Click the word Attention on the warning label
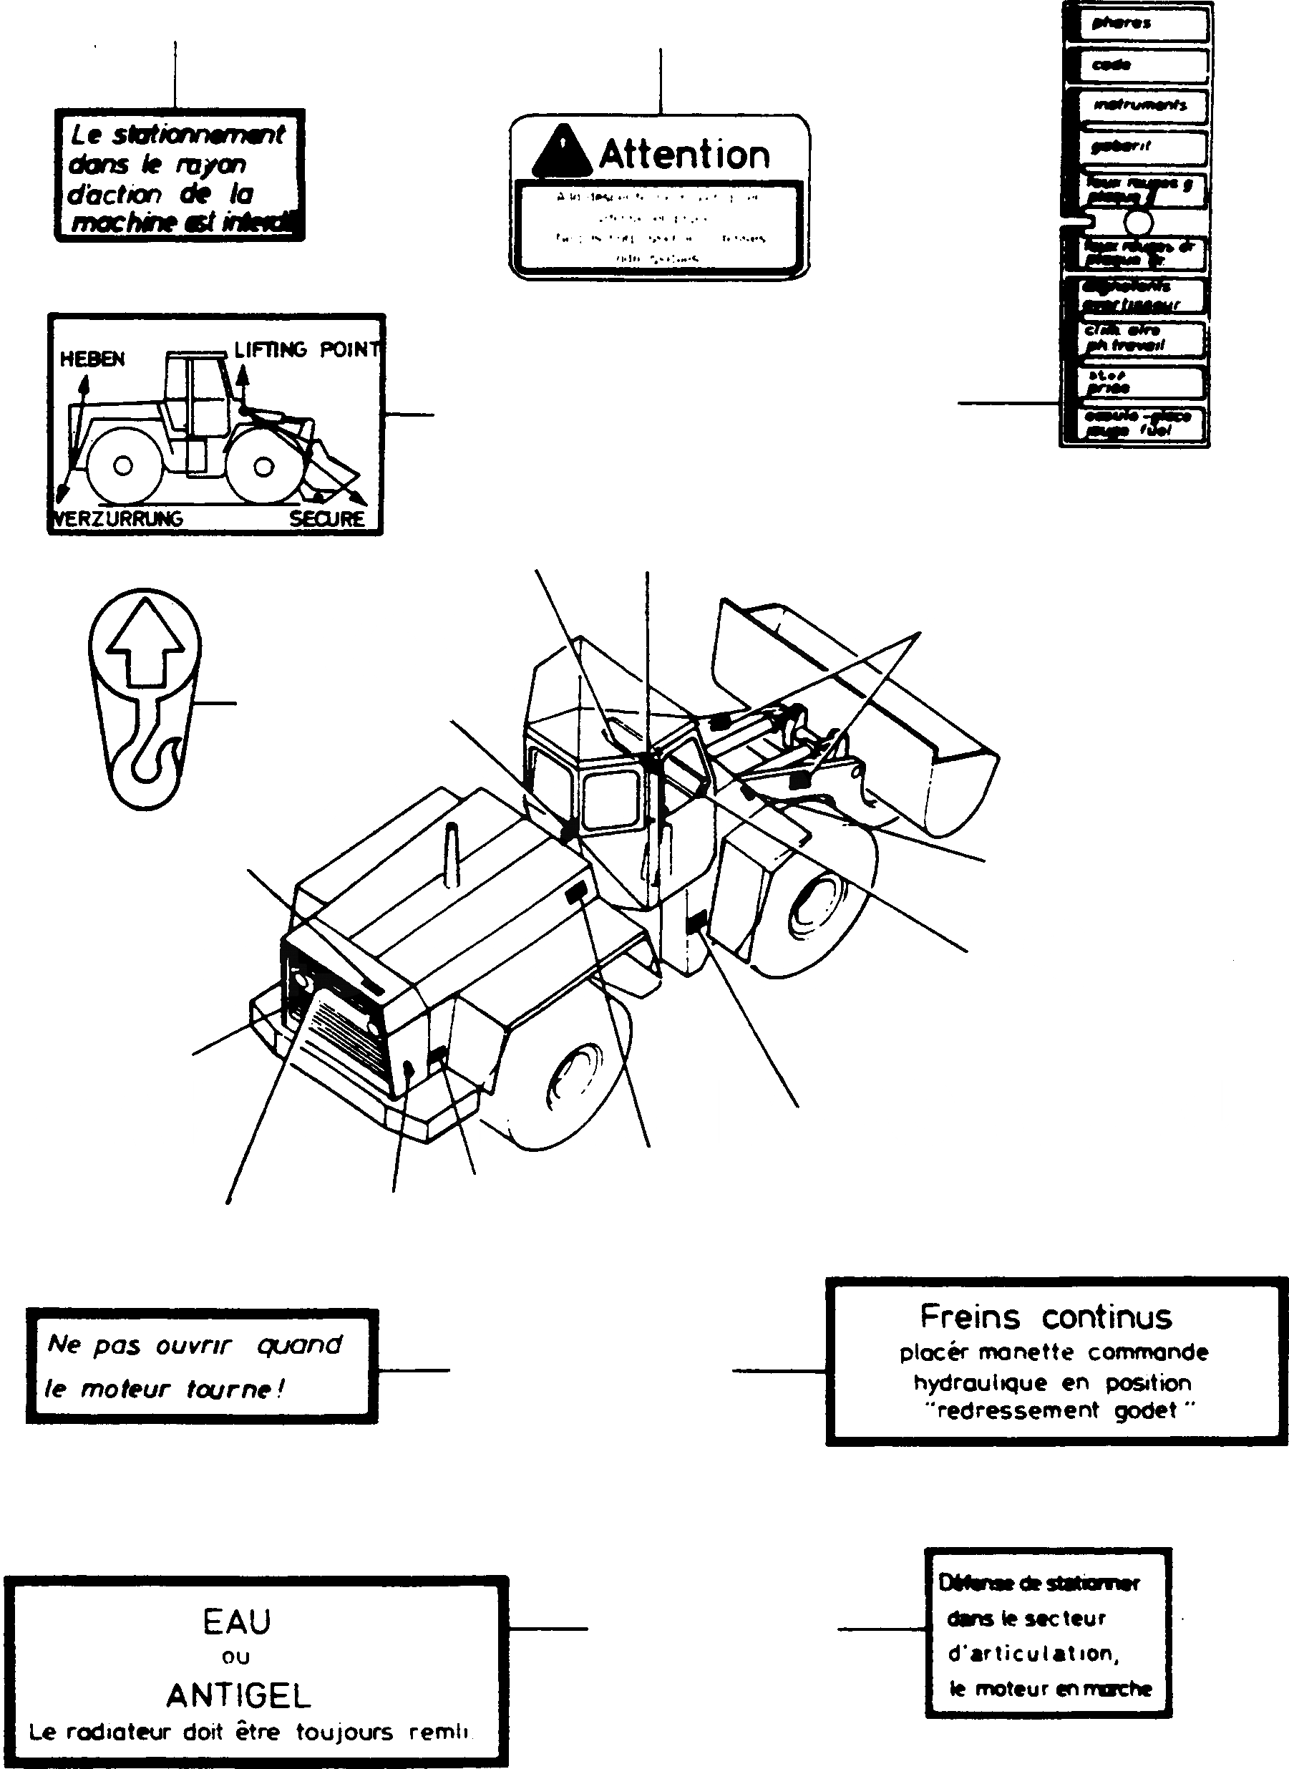click(x=684, y=155)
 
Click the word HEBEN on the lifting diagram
click(x=92, y=359)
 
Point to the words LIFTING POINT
click(x=306, y=349)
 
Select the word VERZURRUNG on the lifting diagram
click(x=118, y=519)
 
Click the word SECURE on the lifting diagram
click(x=327, y=519)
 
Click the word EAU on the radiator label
click(x=236, y=1622)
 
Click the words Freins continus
click(x=1046, y=1317)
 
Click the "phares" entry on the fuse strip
click(x=1122, y=24)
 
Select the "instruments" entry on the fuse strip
click(x=1139, y=105)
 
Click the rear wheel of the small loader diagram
click(x=122, y=466)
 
